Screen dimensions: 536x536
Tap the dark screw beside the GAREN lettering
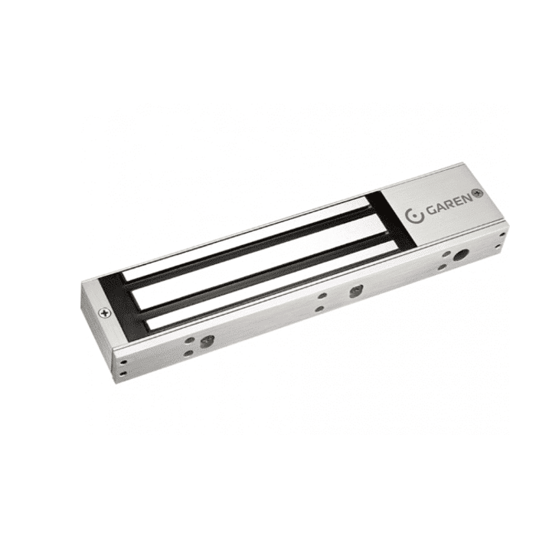click(477, 194)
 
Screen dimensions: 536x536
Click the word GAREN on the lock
click(449, 205)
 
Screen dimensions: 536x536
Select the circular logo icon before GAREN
click(414, 216)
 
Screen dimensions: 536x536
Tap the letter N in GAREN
click(467, 201)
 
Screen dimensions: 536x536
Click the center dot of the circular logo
click(414, 217)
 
